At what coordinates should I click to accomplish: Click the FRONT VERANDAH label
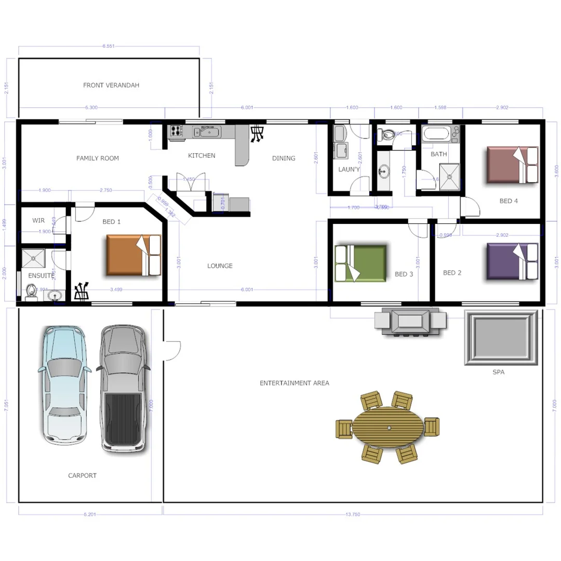[111, 85]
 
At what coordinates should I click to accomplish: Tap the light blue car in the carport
[62, 384]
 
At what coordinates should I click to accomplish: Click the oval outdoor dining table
[389, 427]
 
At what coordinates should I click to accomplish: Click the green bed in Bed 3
[361, 263]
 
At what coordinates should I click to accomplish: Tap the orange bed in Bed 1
[133, 255]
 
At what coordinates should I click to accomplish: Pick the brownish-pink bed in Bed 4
[512, 165]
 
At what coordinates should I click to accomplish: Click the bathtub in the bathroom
[436, 134]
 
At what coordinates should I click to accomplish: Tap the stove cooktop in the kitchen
[176, 132]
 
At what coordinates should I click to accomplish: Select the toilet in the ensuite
[31, 293]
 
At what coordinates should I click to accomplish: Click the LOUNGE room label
[220, 266]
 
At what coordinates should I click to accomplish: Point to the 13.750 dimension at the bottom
[353, 514]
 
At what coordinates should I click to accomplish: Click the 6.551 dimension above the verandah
[109, 46]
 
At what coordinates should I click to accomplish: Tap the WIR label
[38, 220]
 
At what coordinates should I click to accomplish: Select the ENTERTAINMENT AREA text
[294, 383]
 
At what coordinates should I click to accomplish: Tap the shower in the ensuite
[33, 258]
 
